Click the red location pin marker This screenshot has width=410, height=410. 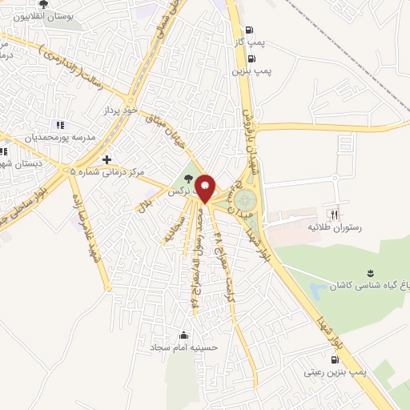pyautogui.click(x=205, y=187)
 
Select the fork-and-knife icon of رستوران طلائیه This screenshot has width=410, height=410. pyautogui.click(x=336, y=214)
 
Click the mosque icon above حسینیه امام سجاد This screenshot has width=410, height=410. pyautogui.click(x=185, y=335)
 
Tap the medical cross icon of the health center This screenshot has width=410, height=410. pyautogui.click(x=107, y=159)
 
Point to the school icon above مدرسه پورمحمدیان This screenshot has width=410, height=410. pyautogui.click(x=59, y=124)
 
